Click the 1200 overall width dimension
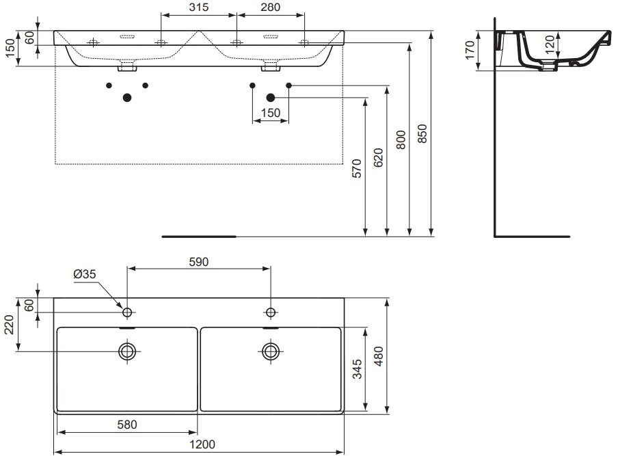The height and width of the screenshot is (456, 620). [202, 444]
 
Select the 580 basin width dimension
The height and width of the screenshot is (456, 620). [127, 425]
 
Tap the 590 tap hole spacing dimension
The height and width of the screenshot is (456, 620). [198, 262]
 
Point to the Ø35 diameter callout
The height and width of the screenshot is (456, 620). [85, 273]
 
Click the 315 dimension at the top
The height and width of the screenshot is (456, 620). [198, 7]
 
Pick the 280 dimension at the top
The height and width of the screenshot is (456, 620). [271, 7]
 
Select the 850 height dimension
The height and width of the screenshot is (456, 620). [422, 133]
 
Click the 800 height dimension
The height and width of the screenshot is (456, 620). [401, 139]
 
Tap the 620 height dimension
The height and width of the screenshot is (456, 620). [379, 158]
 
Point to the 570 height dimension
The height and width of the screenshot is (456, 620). [357, 168]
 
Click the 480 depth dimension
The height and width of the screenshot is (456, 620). [379, 356]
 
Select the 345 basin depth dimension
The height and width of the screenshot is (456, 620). [357, 369]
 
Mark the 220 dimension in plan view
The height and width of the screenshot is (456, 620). [9, 325]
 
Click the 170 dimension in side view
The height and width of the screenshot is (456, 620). [470, 50]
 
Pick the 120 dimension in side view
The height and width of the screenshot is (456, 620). [550, 44]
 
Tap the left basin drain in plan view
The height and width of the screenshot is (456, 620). [127, 351]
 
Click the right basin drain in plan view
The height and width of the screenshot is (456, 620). [271, 351]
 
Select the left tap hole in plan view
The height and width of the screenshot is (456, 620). [127, 312]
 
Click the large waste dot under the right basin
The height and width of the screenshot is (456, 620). [271, 97]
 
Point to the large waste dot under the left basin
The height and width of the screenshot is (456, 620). [127, 97]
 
